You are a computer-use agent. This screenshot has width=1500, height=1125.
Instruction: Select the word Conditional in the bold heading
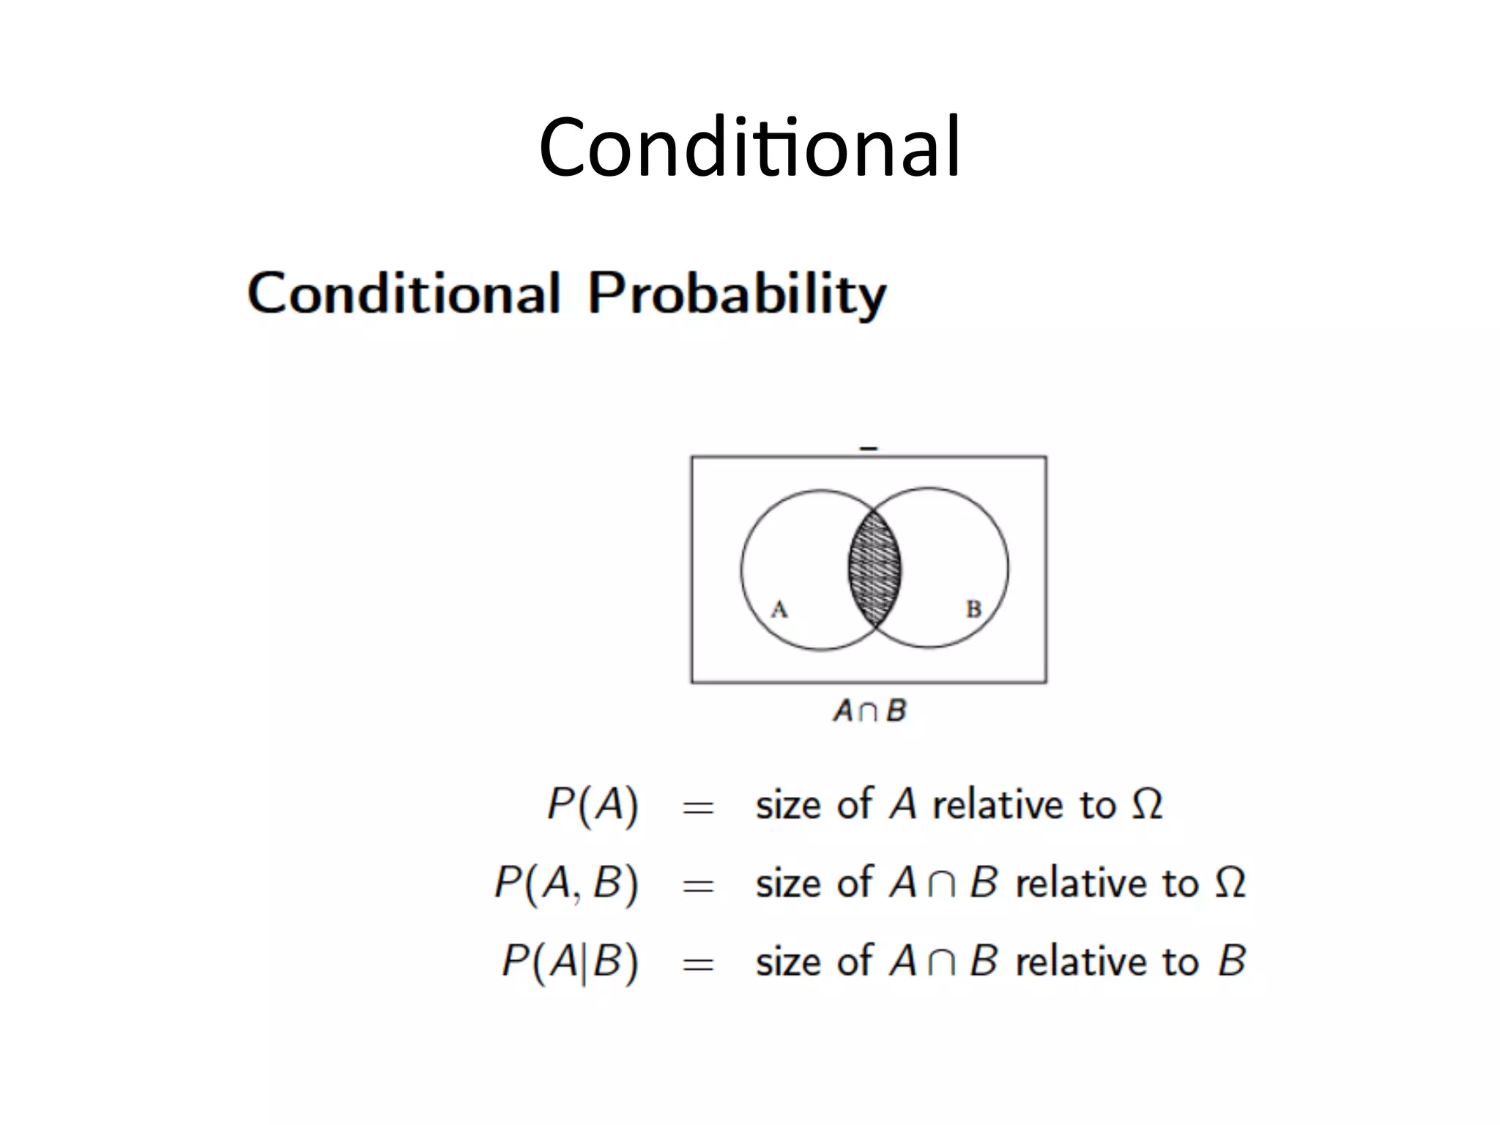click(x=404, y=293)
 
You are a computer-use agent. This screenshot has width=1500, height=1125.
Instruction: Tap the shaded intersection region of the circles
click(x=875, y=568)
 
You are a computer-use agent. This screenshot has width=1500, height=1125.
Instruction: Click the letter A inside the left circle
click(x=779, y=609)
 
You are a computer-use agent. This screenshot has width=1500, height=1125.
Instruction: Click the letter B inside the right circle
click(x=973, y=609)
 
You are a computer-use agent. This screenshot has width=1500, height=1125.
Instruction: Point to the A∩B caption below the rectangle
click(x=869, y=710)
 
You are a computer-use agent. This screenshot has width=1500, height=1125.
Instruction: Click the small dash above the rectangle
click(x=869, y=448)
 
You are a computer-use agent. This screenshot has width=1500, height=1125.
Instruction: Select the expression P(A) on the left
click(x=593, y=805)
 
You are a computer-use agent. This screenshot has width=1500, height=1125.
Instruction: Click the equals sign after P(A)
click(x=697, y=808)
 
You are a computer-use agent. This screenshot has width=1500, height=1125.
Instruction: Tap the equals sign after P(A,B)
click(x=697, y=886)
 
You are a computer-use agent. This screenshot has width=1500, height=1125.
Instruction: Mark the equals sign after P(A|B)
click(x=697, y=964)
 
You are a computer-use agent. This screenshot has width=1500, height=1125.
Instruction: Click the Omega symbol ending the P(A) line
click(x=1147, y=804)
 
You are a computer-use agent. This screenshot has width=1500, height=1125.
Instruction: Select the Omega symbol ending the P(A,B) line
click(x=1230, y=883)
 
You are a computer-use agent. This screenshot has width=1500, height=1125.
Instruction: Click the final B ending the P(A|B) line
click(x=1232, y=960)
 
